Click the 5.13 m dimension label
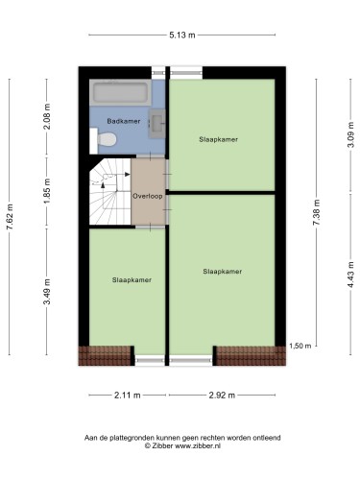(x=182, y=35)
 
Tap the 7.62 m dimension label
(x=10, y=217)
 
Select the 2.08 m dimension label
(x=47, y=116)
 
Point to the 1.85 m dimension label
(x=47, y=191)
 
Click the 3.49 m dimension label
(x=47, y=292)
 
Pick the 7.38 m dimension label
(x=317, y=212)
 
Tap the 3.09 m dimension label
(x=351, y=134)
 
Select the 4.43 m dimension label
(x=351, y=275)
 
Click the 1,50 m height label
(x=300, y=346)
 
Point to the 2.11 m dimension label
(x=128, y=396)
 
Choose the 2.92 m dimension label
(x=222, y=396)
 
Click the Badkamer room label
(x=124, y=121)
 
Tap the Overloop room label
(x=148, y=196)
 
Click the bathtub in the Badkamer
(x=121, y=92)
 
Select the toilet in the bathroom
(x=103, y=140)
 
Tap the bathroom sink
(x=157, y=123)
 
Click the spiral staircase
(x=109, y=192)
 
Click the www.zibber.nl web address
(x=198, y=445)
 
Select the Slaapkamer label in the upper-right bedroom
(x=218, y=139)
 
